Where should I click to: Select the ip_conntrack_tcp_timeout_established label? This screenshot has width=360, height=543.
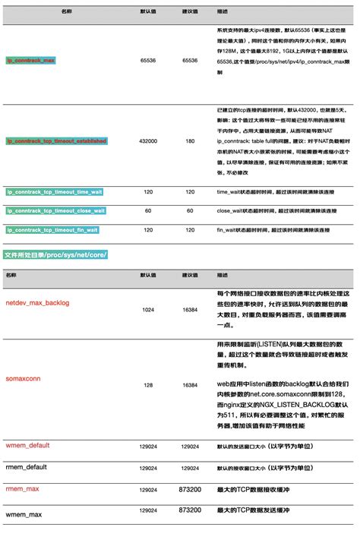point(57,141)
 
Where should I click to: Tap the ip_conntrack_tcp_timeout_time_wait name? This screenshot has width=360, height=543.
point(54,192)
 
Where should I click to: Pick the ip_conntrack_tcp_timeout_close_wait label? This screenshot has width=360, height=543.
point(55,210)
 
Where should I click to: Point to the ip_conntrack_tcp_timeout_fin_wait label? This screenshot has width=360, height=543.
point(52,229)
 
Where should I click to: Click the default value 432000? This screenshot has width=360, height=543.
point(148,141)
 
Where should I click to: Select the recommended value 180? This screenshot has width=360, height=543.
point(190,141)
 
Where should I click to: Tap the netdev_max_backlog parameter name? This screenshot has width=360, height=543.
point(37,303)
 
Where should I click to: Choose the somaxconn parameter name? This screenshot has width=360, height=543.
point(24,377)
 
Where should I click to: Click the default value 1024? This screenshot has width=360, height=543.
point(148,310)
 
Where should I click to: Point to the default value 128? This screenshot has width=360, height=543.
point(148,385)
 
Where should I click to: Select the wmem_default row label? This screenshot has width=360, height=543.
point(27,445)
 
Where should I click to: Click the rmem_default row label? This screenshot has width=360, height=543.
point(27,467)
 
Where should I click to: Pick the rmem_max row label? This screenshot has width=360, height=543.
point(22,489)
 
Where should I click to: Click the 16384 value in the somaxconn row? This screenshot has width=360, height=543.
point(190,385)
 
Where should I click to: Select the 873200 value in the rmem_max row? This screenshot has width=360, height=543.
point(190,490)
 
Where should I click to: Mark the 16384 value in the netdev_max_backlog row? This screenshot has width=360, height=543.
point(190,310)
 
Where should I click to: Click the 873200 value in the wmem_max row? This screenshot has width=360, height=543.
point(190,511)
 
